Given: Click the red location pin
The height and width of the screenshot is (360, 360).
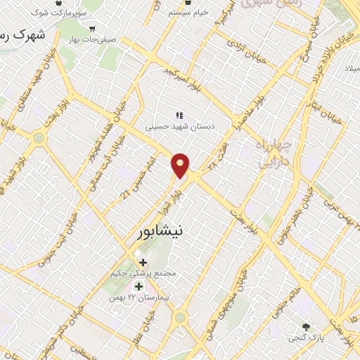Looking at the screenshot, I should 181,165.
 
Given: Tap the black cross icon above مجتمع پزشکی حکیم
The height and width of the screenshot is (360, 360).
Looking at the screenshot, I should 144,262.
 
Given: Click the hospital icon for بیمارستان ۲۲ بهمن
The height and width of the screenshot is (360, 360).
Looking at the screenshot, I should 139,286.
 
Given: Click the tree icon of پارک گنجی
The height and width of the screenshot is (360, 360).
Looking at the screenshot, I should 306,327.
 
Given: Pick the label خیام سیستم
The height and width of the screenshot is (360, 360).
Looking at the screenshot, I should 189,13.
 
